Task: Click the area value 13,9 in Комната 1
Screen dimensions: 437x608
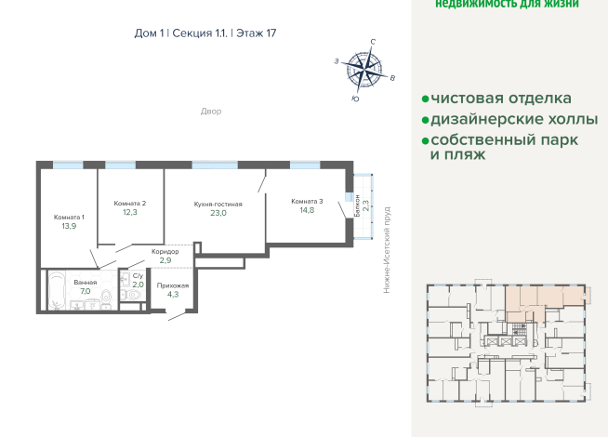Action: pos(69,226)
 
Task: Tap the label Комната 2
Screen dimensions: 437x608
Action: pos(130,203)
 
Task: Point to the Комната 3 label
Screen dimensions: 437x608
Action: pos(306,201)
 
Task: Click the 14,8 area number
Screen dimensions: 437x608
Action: pos(307,211)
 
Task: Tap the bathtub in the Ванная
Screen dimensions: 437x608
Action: pos(58,292)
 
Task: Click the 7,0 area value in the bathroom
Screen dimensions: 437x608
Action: pos(86,291)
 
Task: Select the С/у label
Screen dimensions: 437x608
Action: pos(138,275)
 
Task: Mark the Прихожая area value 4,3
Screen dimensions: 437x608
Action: pos(173,296)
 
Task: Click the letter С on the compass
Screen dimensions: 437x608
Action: pos(373,42)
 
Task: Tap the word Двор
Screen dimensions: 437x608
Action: pos(211,112)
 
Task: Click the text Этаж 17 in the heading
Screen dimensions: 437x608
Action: pos(256,33)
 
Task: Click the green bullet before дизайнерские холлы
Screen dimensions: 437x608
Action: pos(424,120)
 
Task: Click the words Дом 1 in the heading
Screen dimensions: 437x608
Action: pos(149,33)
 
